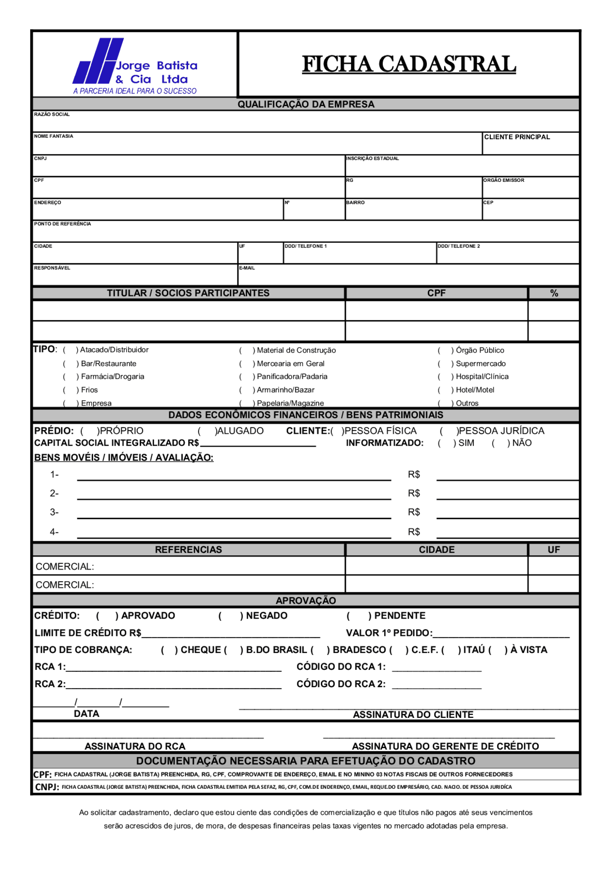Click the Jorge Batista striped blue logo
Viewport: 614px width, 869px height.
click(98, 60)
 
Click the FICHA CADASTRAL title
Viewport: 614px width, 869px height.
click(409, 64)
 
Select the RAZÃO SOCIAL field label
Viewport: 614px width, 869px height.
click(52, 115)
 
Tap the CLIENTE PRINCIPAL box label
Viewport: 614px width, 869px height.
click(517, 137)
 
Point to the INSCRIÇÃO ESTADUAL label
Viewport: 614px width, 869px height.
click(373, 158)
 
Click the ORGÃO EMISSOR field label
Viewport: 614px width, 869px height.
click(504, 180)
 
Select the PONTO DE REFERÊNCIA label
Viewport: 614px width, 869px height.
click(62, 224)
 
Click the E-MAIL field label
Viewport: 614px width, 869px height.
click(247, 268)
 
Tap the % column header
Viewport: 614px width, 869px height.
click(554, 293)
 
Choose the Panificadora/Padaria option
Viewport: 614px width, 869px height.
click(247, 377)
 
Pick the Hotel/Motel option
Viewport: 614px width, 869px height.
click(445, 390)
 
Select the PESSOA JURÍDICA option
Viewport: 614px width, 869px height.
click(449, 431)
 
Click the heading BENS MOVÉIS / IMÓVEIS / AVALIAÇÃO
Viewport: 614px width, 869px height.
click(124, 458)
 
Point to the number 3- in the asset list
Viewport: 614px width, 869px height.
click(54, 512)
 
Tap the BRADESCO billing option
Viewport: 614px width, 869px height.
click(320, 650)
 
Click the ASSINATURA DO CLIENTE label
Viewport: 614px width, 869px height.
click(413, 714)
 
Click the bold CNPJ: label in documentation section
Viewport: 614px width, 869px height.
click(47, 787)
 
